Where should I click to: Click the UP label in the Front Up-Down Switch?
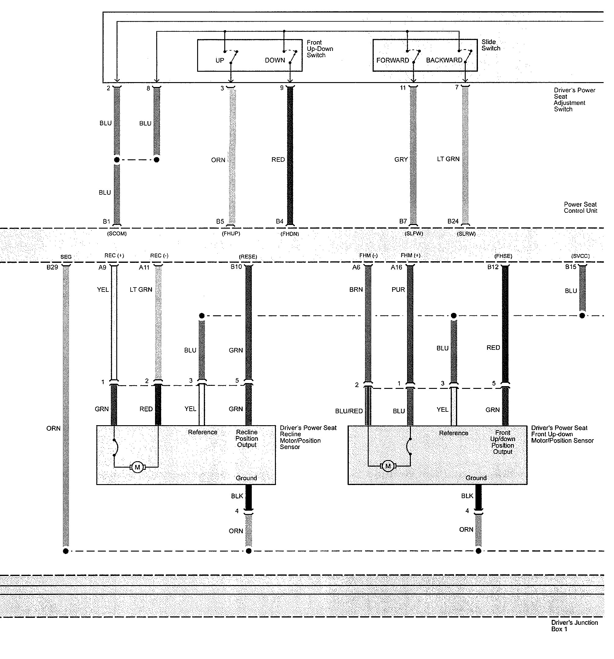pos(220,60)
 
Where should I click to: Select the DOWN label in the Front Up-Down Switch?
pos(275,60)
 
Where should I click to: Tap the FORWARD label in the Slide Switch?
pos(392,60)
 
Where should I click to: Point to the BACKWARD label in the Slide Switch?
pos(444,60)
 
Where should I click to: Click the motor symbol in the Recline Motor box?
pos(137,467)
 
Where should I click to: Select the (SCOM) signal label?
pos(117,234)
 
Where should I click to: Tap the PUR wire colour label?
pos(398,290)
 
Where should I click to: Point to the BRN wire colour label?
pos(356,290)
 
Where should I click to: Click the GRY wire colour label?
pos(401,160)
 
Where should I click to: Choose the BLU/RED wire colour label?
pos(349,411)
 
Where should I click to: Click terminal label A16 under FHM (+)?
pos(396,267)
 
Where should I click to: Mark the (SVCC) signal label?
pos(580,256)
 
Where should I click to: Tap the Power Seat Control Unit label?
pos(580,208)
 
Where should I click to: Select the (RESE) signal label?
pos(248,257)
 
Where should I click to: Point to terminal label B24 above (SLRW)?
pos(453,221)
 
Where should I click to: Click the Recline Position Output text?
pos(247,439)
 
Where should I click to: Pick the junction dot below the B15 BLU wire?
pos(582,316)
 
